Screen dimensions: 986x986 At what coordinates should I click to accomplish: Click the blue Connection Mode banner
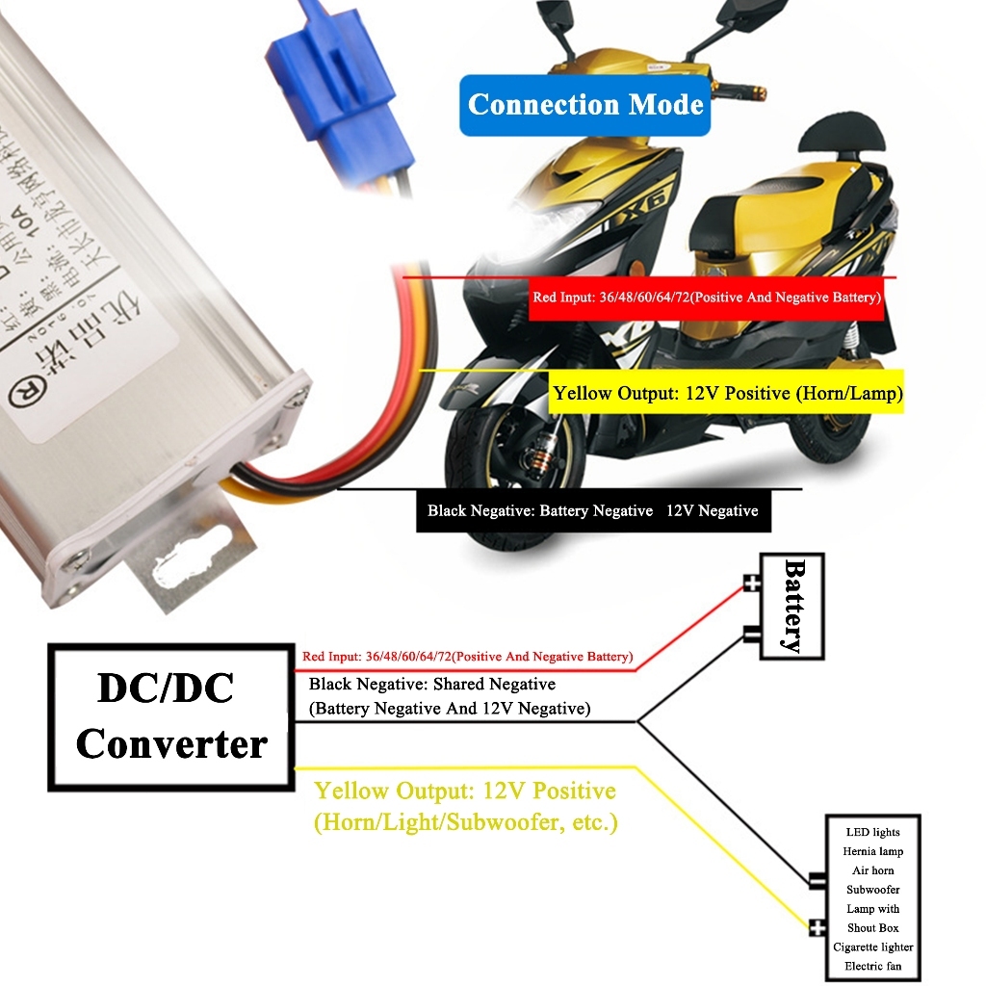pos(585,104)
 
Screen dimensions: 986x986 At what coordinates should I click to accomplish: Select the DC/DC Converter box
pos(171,716)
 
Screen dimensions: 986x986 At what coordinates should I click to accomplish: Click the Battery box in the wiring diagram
pos(792,606)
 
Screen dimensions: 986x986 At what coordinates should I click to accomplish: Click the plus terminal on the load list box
pos(817,928)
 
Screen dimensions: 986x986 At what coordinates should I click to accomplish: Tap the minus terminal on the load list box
pos(817,879)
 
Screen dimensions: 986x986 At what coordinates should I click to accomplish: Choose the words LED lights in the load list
pos(872,832)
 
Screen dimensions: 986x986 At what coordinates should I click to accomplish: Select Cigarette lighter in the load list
pos(872,947)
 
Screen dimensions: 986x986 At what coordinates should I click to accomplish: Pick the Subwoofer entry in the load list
pos(872,890)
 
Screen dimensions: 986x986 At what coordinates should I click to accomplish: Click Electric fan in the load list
pos(872,966)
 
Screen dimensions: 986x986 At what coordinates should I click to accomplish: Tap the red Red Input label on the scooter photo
pos(707,298)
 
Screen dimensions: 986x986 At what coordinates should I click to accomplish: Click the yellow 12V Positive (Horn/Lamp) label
pos(727,393)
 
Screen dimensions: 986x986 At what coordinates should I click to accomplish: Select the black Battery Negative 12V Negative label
pos(592,511)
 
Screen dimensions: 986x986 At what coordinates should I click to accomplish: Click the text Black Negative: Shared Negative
pos(431,685)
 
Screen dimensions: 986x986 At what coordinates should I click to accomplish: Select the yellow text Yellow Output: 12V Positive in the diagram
pos(465,791)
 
